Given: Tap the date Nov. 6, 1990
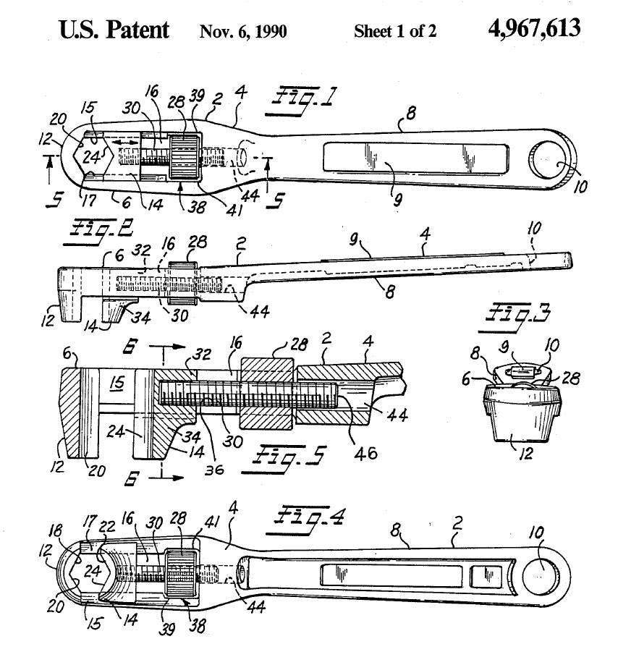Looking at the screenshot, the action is pyautogui.click(x=243, y=31).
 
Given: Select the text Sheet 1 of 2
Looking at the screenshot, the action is pyautogui.click(x=395, y=31).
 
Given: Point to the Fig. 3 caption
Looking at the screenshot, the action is pyautogui.click(x=516, y=317).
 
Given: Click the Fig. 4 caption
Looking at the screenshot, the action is pyautogui.click(x=306, y=520).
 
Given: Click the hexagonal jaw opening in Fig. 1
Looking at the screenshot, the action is pyautogui.click(x=93, y=156).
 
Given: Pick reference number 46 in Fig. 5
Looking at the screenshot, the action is pyautogui.click(x=366, y=454).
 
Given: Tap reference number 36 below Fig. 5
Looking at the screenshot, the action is pyautogui.click(x=213, y=469).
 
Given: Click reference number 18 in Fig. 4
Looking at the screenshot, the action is pyautogui.click(x=55, y=530).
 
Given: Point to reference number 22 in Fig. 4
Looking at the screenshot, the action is pyautogui.click(x=107, y=526).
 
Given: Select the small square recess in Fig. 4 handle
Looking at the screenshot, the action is pyautogui.click(x=486, y=577).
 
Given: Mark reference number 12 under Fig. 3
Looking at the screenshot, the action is pyautogui.click(x=526, y=454).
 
